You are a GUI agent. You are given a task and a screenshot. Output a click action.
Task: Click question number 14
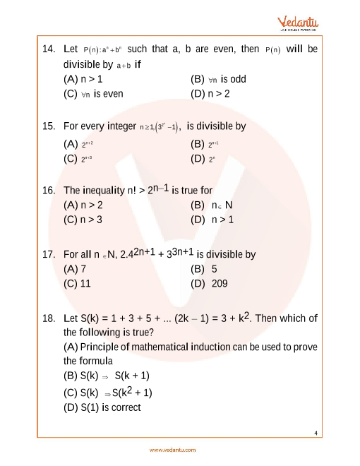48,49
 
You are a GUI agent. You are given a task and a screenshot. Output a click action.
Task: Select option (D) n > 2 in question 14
210,93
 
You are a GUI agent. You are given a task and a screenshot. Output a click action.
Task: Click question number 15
48,126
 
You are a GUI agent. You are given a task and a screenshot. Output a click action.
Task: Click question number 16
48,191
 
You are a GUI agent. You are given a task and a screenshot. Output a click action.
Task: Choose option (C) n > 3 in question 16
83,220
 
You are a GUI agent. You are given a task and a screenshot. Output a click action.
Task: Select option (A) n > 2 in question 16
83,205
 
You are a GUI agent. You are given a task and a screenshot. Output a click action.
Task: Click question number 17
48,254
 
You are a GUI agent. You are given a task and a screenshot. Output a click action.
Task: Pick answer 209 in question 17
217,284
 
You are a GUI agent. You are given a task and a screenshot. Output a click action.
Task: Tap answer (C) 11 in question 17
78,284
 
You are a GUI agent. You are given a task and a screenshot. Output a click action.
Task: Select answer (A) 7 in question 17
75,269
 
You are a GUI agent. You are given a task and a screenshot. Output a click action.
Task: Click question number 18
48,318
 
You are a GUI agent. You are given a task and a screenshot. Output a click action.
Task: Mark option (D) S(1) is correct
102,407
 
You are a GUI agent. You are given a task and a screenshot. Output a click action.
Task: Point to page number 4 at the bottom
317,433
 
